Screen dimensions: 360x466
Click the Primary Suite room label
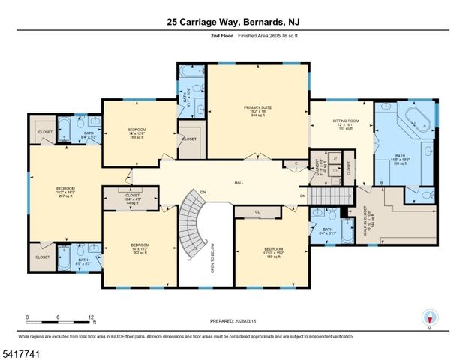(x=257, y=112)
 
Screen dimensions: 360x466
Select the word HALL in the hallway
(x=239, y=182)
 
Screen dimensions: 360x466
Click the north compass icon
(x=429, y=316)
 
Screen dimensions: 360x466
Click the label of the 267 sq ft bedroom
(x=66, y=192)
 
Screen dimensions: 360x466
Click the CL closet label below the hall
(x=257, y=212)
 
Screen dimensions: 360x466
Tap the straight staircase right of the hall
(x=331, y=196)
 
